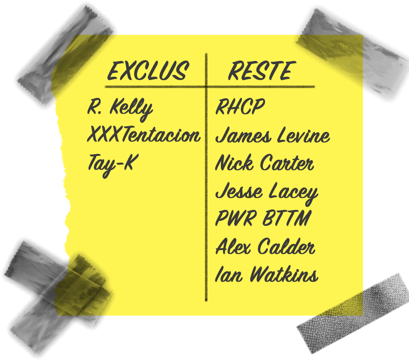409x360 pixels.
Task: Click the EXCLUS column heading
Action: [x=148, y=71]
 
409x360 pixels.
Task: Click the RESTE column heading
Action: [x=262, y=71]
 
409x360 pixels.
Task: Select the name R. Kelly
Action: [x=120, y=109]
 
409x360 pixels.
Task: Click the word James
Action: [x=243, y=135]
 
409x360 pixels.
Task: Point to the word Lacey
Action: [x=293, y=193]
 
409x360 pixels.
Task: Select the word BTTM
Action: [x=287, y=218]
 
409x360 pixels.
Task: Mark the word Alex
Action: [x=233, y=246]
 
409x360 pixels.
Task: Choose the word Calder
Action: [x=287, y=246]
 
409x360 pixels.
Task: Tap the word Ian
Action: [x=229, y=274]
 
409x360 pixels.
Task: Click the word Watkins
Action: [x=284, y=274]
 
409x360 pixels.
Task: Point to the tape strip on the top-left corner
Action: [x=65, y=55]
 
